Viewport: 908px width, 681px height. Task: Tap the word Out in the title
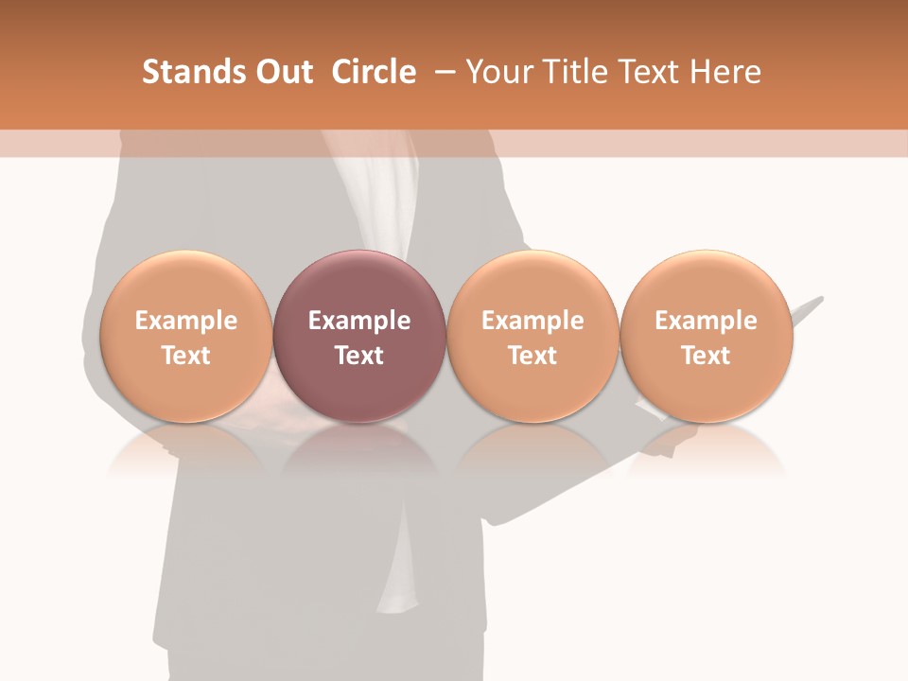pos(282,72)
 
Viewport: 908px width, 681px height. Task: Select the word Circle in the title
pos(374,72)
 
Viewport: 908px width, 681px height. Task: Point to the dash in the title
pos(442,72)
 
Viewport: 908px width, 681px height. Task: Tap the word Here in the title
pos(727,72)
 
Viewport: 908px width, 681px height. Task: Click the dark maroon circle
pos(359,284)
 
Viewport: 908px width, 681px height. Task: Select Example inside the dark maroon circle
pos(359,321)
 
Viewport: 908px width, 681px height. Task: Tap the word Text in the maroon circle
pos(359,356)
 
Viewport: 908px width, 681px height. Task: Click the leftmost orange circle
pos(185,284)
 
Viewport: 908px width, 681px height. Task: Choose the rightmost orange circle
pos(707,284)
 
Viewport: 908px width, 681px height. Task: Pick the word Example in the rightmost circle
pos(707,321)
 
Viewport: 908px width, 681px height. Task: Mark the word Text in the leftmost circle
pos(185,356)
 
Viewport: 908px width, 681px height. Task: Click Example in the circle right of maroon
pos(533,321)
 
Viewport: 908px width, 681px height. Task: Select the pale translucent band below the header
pos(454,143)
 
